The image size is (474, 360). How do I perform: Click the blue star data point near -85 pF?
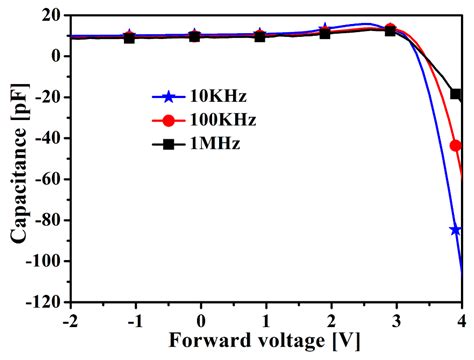coord(456,230)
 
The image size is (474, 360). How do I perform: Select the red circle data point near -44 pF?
coord(456,146)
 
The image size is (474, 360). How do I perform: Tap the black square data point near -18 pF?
coord(456,94)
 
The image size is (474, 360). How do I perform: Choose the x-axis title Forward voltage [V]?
coord(265,340)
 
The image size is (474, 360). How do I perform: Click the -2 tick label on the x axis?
coord(69,318)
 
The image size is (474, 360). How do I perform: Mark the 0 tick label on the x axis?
coord(201,318)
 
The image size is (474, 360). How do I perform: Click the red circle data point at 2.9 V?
coord(390,29)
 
